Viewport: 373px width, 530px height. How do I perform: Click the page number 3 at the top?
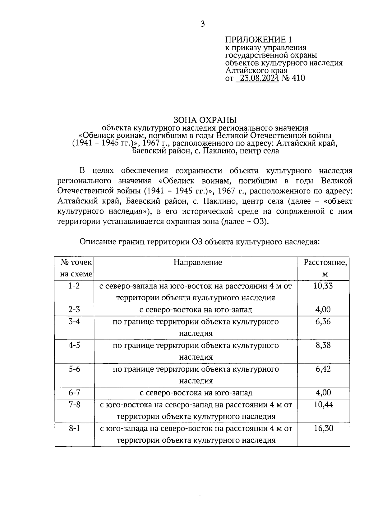[x=203, y=24]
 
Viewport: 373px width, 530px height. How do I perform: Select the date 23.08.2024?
[x=257, y=78]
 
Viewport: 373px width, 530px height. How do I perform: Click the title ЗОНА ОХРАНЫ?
[x=205, y=120]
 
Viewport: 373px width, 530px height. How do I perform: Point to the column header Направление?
[x=198, y=262]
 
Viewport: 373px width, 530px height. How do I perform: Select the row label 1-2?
[x=74, y=286]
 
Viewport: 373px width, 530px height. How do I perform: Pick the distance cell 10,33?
[x=323, y=286]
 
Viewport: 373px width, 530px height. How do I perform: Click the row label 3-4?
[x=74, y=321]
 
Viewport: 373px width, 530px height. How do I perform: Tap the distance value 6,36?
[x=323, y=321]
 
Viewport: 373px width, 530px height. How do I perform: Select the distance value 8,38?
[x=323, y=345]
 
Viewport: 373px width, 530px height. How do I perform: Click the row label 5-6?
[x=74, y=369]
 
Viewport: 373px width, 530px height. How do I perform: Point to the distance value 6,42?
[x=323, y=369]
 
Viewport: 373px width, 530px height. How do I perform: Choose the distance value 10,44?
[x=323, y=405]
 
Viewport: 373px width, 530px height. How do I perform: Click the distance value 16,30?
[x=323, y=428]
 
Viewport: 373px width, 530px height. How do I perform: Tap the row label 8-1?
[x=74, y=428]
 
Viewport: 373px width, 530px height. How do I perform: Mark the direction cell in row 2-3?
[x=196, y=310]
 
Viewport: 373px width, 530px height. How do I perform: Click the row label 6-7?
[x=74, y=393]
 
